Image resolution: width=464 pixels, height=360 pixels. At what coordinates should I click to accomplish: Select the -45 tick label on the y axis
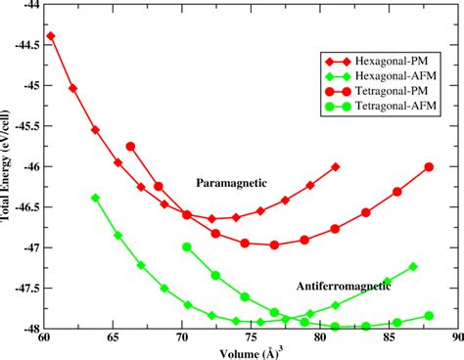point(24,86)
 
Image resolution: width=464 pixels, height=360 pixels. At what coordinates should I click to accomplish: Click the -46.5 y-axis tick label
point(21,206)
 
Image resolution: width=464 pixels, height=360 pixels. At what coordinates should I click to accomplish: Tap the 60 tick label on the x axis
point(43,340)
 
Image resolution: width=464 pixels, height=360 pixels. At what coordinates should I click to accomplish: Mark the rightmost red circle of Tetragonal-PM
point(428,167)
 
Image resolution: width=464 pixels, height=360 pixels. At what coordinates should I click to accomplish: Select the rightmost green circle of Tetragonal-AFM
point(428,316)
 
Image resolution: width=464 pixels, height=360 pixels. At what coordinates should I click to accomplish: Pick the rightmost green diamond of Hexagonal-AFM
point(413,266)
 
